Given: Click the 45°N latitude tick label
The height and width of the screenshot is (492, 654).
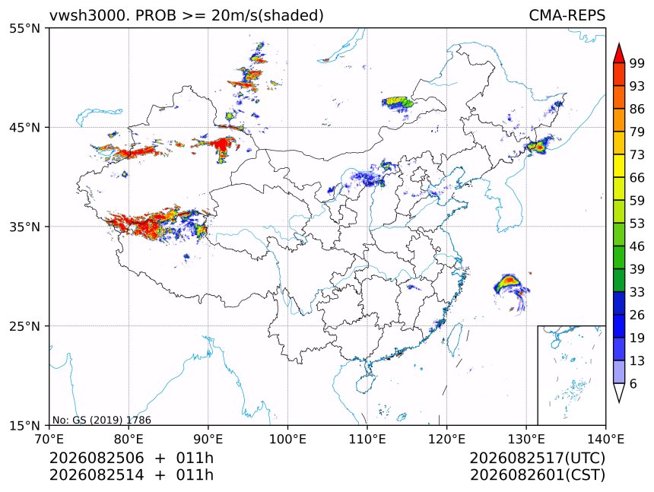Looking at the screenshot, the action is pyautogui.click(x=24, y=127).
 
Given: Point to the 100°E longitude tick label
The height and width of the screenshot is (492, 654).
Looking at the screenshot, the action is pyautogui.click(x=287, y=439).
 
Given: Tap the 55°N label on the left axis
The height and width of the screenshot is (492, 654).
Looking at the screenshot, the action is pyautogui.click(x=24, y=28).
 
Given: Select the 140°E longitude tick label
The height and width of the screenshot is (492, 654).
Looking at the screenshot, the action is pyautogui.click(x=605, y=439).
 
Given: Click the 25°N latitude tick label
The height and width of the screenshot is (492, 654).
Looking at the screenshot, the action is pyautogui.click(x=24, y=325).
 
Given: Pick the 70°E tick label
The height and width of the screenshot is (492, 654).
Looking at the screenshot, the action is pyautogui.click(x=49, y=439).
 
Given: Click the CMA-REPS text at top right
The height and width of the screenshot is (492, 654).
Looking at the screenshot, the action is pyautogui.click(x=567, y=15).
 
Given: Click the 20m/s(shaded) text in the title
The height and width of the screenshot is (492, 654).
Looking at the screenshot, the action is pyautogui.click(x=268, y=16).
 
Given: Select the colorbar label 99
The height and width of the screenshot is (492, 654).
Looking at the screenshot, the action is pyautogui.click(x=637, y=63).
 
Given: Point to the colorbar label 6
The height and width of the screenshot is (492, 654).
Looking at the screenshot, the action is pyautogui.click(x=633, y=383).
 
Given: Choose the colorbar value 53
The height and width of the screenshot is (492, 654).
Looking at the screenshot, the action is pyautogui.click(x=637, y=223).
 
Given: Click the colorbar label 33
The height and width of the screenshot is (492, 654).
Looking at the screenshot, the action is pyautogui.click(x=637, y=292).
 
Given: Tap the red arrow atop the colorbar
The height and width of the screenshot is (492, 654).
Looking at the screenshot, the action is pyautogui.click(x=619, y=54).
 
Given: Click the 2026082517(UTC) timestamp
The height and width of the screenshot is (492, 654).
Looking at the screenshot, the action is pyautogui.click(x=538, y=458).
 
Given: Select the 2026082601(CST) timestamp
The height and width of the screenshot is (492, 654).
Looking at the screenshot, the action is pyautogui.click(x=538, y=475).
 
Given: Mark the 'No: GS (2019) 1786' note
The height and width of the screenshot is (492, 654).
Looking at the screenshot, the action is pyautogui.click(x=102, y=420).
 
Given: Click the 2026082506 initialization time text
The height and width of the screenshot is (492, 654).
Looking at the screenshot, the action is pyautogui.click(x=97, y=458).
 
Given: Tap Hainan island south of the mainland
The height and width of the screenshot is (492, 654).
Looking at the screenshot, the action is pyautogui.click(x=366, y=383).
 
